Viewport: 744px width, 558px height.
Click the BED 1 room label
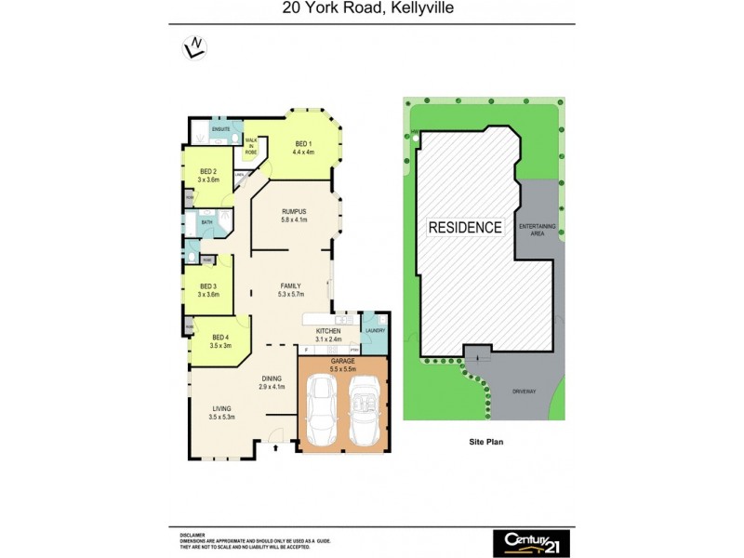pos(303,143)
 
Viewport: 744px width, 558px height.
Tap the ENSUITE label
pos(220,129)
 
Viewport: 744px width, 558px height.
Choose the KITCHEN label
pos(329,331)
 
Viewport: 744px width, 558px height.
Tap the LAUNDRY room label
pos(375,330)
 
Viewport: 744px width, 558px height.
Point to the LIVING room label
pos(221,408)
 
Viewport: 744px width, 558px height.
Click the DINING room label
pos(271,378)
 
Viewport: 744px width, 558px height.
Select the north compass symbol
pos(195,46)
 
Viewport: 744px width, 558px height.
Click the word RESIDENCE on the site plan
pos(465,227)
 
